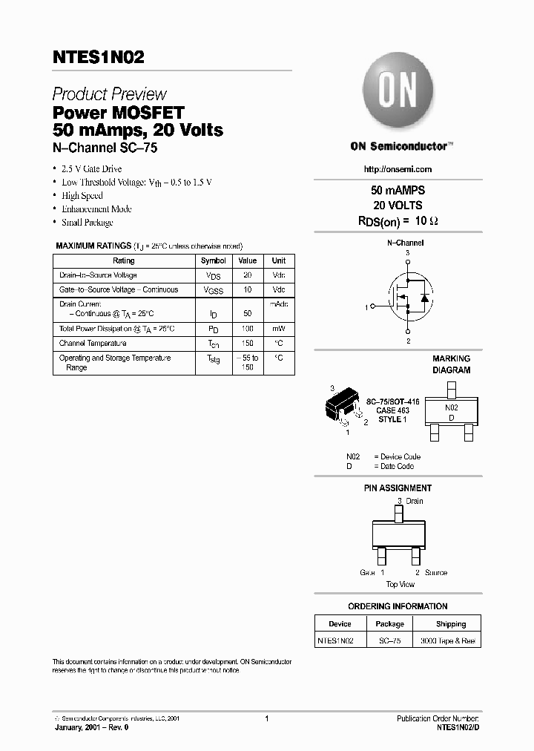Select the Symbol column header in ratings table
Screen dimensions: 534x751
[x=214, y=261]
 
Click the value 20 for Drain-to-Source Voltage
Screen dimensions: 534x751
[x=248, y=275]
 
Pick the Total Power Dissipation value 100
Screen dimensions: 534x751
[x=248, y=329]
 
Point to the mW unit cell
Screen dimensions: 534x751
[x=278, y=329]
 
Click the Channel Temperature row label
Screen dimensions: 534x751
[x=93, y=344]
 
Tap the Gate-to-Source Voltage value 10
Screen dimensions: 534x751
[x=248, y=290]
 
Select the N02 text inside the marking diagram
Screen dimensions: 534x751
[x=451, y=407]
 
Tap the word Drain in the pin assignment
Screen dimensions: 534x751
[x=414, y=501]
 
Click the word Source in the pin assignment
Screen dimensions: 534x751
[x=436, y=573]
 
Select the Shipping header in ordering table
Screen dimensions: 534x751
[x=451, y=624]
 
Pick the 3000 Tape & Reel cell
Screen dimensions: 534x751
[x=448, y=640]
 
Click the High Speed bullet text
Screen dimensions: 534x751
[x=82, y=196]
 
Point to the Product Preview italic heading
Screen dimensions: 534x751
[x=109, y=94]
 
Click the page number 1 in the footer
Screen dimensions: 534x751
[x=266, y=718]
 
